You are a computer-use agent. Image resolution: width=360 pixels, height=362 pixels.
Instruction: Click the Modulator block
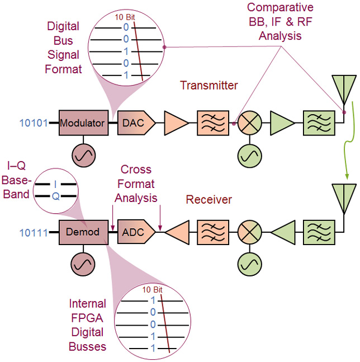(83, 123)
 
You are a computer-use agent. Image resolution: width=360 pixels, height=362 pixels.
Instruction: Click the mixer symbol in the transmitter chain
(247, 123)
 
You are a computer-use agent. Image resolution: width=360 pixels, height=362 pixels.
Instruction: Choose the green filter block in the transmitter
(319, 123)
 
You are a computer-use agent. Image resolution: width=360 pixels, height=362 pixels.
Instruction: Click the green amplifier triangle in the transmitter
(282, 123)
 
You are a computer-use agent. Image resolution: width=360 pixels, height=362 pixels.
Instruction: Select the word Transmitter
(209, 86)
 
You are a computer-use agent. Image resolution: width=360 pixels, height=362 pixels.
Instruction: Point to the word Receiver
(209, 200)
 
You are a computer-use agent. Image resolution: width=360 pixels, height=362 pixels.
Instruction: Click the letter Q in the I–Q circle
(55, 196)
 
